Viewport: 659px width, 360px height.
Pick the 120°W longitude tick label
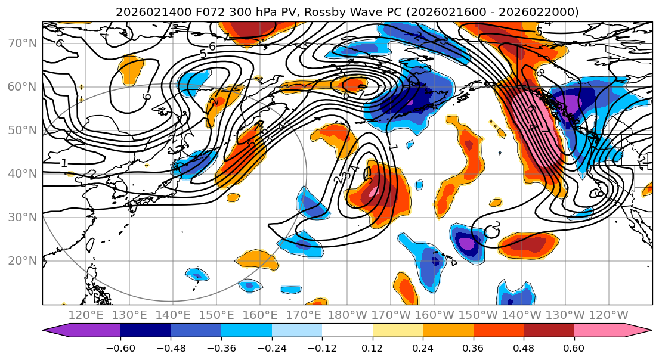(x=609, y=315)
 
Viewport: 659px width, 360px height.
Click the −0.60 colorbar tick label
(x=120, y=347)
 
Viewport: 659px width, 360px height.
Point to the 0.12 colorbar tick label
(x=372, y=347)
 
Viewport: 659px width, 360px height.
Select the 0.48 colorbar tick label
(x=523, y=347)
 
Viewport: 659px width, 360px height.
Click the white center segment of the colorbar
(x=347, y=332)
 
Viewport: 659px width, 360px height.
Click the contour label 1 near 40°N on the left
(x=64, y=163)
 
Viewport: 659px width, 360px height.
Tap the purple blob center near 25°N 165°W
(x=466, y=243)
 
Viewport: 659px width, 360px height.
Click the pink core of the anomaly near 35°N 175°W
(x=375, y=192)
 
